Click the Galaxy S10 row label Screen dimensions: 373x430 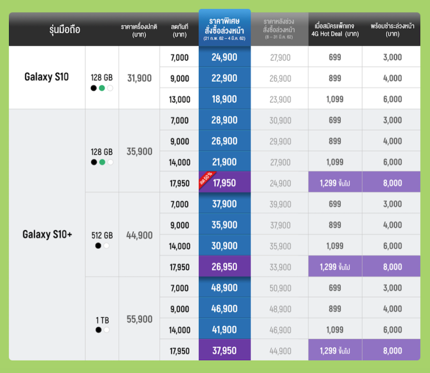(46, 77)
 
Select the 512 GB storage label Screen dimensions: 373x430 (102, 235)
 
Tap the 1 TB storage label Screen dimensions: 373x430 (102, 320)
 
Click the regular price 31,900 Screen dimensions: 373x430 (139, 78)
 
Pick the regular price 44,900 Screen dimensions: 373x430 (139, 235)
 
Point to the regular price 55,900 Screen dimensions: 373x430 (139, 319)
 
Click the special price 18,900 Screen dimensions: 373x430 (225, 99)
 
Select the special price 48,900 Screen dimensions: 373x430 (225, 288)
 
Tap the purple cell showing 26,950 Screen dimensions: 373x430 (225, 267)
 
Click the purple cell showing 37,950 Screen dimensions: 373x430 (225, 351)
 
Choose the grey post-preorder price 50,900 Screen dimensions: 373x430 (280, 288)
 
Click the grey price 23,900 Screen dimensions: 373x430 (280, 99)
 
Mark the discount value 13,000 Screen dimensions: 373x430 (180, 99)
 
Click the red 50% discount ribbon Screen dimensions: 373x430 (205, 178)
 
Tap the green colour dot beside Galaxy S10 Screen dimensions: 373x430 (102, 88)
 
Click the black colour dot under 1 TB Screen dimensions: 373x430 (98, 329)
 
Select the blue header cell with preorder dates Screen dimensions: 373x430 (225, 27)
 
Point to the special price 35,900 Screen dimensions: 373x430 (225, 225)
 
